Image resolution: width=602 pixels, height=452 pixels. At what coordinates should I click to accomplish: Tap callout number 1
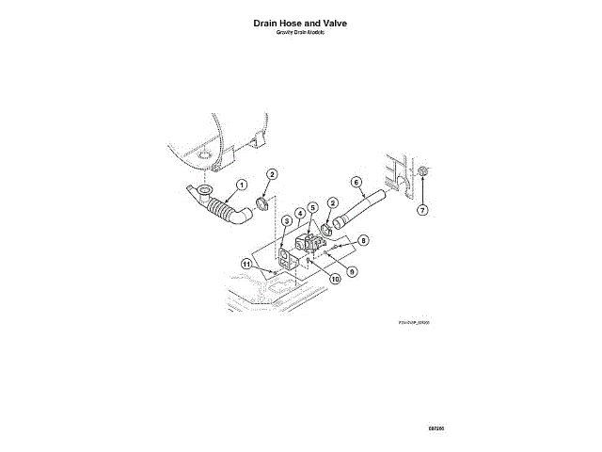241,184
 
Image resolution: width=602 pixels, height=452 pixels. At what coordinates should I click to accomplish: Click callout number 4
299,214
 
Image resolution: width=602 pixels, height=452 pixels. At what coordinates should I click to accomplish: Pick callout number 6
356,181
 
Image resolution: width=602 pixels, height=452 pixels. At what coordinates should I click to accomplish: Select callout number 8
363,240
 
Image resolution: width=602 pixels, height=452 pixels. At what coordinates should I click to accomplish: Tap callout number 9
353,270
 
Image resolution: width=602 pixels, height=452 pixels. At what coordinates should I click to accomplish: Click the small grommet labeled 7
422,171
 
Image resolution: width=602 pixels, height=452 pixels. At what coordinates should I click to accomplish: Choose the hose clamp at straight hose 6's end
329,227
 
